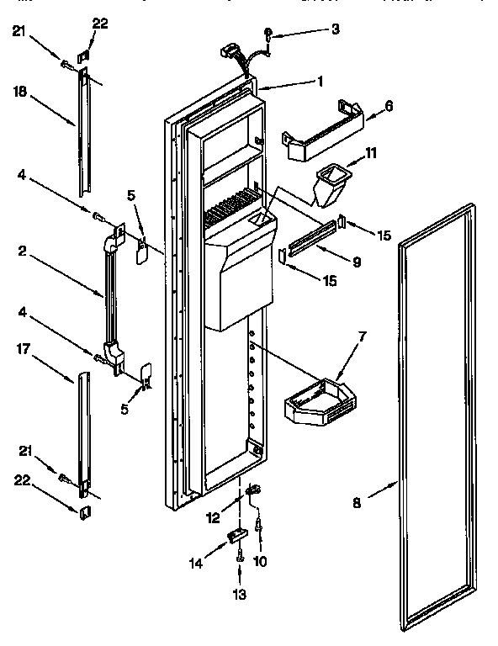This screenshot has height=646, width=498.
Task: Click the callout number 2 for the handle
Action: click(20, 250)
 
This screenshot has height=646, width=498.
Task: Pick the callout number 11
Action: click(370, 153)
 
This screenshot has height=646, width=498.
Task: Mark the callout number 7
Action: click(362, 336)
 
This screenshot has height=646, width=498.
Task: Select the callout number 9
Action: click(357, 262)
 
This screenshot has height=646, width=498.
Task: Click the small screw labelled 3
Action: click(267, 34)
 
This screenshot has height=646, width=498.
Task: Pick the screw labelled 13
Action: click(241, 553)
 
